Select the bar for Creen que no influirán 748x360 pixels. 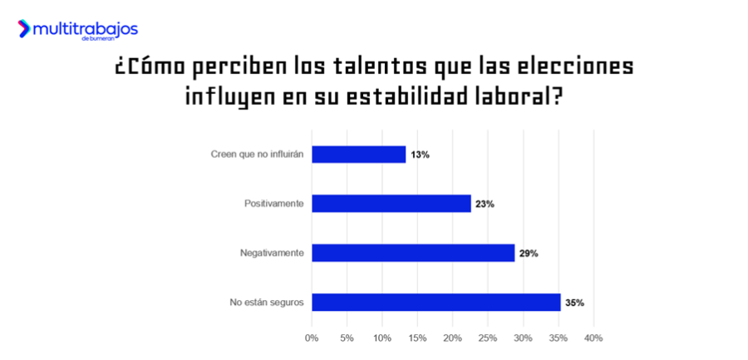[x=358, y=155]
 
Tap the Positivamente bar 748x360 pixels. [x=391, y=204]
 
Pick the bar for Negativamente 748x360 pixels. [x=413, y=253]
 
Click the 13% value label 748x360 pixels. [x=420, y=155]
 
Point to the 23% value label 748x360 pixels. [x=485, y=204]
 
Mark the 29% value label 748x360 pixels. [x=529, y=253]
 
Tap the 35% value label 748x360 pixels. [x=574, y=303]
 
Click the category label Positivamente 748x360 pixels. [x=273, y=204]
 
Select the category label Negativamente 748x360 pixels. [x=271, y=253]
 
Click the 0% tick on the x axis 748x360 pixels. [x=312, y=338]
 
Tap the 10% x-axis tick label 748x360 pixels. [x=382, y=338]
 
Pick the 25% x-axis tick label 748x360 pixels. [x=488, y=338]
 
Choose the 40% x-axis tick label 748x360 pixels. [x=593, y=338]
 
